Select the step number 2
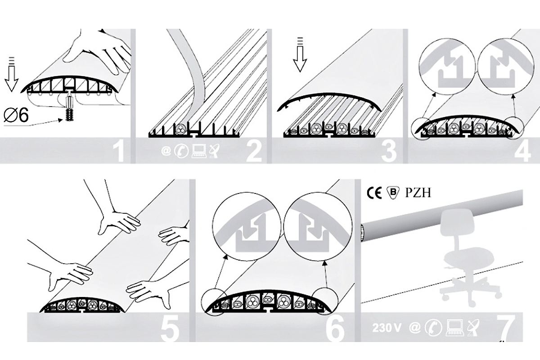pyautogui.click(x=254, y=152)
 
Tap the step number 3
pyautogui.click(x=389, y=152)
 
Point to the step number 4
pyautogui.click(x=522, y=152)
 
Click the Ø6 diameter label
pyautogui.click(x=16, y=115)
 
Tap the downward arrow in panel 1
pyautogui.click(x=11, y=74)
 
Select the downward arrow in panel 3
pyautogui.click(x=300, y=55)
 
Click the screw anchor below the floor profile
pyautogui.click(x=70, y=107)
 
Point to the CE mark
pyautogui.click(x=374, y=193)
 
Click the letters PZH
pyautogui.click(x=418, y=193)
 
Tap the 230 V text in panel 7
pyautogui.click(x=387, y=328)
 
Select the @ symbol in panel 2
pyautogui.click(x=166, y=151)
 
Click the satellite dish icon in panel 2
pyautogui.click(x=215, y=151)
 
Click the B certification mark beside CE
pyautogui.click(x=393, y=193)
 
